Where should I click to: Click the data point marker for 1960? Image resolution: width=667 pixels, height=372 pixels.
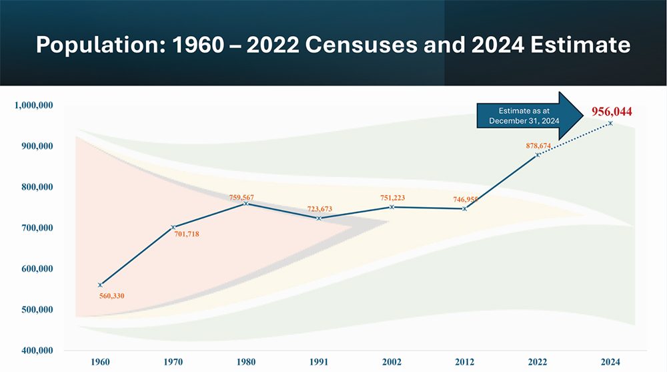click(x=100, y=285)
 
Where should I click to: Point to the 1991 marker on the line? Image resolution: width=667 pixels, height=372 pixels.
click(x=319, y=218)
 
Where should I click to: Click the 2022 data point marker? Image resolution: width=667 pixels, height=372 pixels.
click(x=537, y=155)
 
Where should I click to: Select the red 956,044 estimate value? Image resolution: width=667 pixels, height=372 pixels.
click(x=612, y=112)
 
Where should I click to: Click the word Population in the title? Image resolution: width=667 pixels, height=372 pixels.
click(x=95, y=45)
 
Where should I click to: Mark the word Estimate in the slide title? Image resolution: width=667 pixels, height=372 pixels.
click(x=578, y=45)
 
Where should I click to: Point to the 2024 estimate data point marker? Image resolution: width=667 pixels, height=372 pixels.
click(x=610, y=123)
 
